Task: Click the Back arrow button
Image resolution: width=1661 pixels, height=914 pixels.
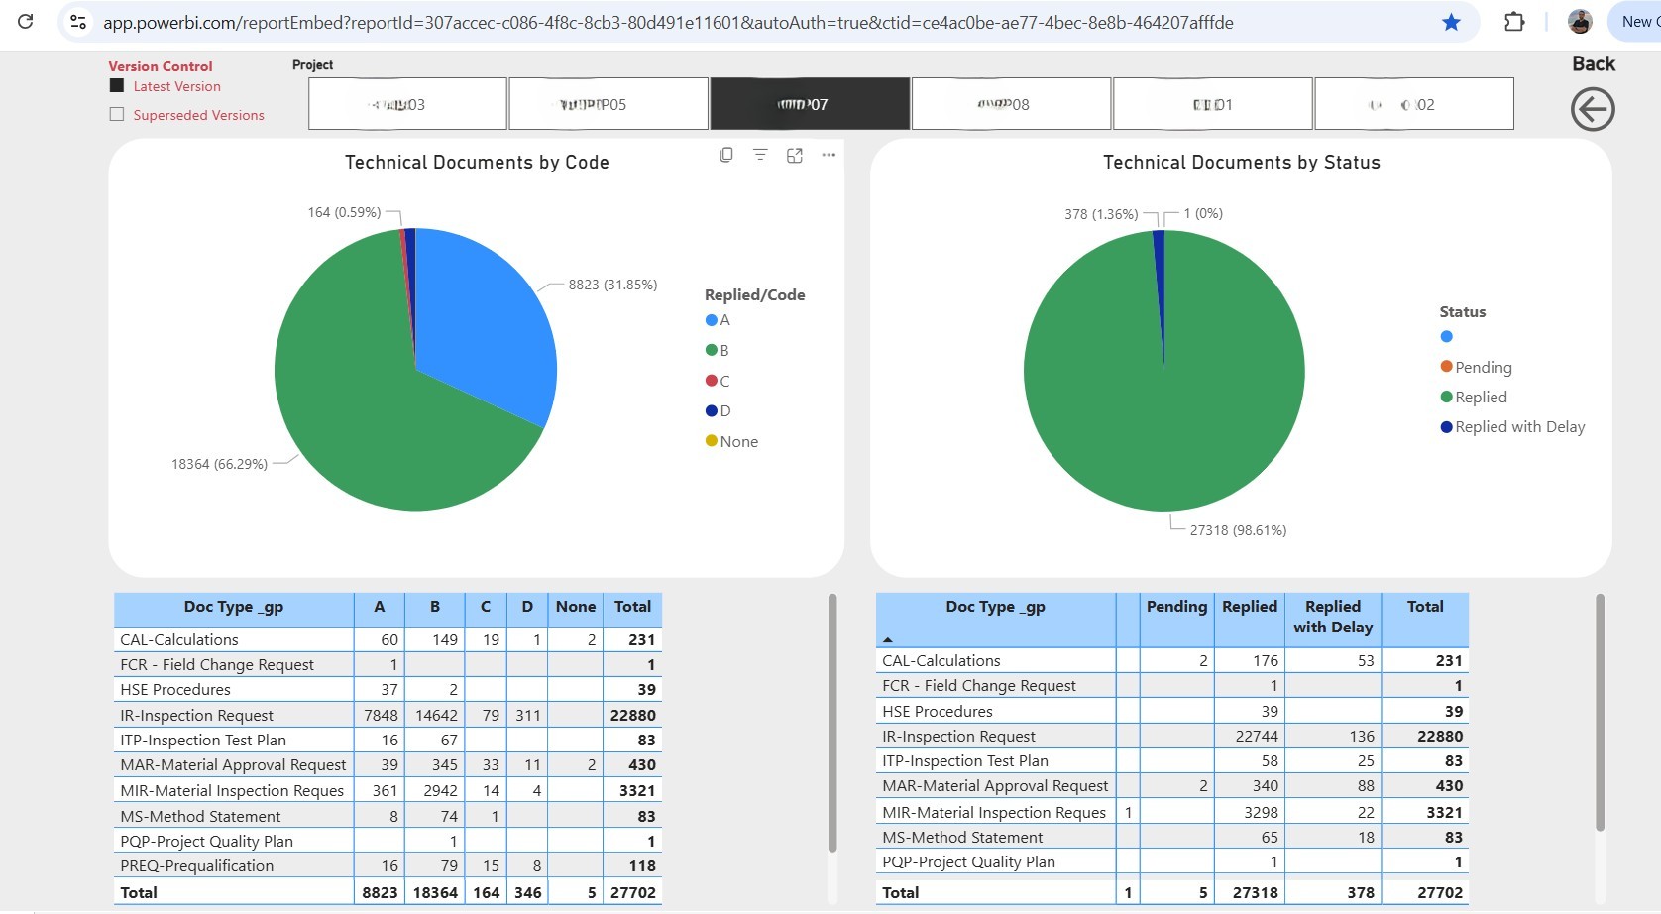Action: point(1593,109)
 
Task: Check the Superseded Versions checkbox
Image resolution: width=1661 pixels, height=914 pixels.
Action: point(117,114)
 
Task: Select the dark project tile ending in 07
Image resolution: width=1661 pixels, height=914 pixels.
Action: point(809,104)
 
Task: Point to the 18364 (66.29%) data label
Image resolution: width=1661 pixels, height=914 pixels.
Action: point(219,464)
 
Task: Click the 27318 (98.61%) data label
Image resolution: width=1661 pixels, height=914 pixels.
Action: point(1238,530)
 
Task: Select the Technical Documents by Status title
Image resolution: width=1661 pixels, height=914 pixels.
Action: point(1241,163)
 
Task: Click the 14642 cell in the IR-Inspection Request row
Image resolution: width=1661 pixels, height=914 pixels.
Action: point(436,716)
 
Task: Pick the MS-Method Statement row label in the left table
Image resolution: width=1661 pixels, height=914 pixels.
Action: point(201,817)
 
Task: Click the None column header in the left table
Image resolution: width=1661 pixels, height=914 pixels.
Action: point(575,607)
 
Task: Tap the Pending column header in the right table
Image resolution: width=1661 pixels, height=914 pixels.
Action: point(1176,607)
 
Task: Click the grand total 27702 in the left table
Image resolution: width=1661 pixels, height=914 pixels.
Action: point(632,893)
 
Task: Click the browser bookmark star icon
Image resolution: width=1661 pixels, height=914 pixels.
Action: point(1451,22)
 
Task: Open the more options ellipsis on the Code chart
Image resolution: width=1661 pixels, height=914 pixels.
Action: point(829,155)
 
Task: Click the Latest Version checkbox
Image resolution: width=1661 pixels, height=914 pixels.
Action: point(117,86)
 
